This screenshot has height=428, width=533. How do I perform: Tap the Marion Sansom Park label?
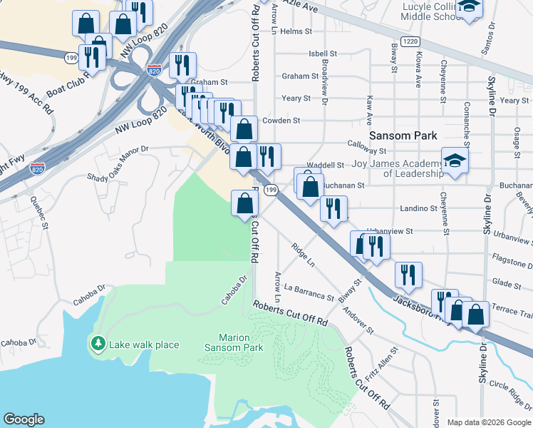pyautogui.click(x=234, y=342)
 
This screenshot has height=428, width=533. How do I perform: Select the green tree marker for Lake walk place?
pyautogui.click(x=98, y=343)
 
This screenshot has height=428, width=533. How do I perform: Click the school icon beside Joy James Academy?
pyautogui.click(x=455, y=161)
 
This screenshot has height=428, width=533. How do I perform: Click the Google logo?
pyautogui.click(x=24, y=419)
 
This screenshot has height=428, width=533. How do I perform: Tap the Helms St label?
pyautogui.click(x=296, y=31)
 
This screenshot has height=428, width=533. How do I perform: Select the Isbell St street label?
pyautogui.click(x=323, y=53)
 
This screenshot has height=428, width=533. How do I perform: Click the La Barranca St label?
pyautogui.click(x=309, y=292)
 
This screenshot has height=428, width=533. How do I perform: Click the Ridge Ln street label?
pyautogui.click(x=303, y=255)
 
